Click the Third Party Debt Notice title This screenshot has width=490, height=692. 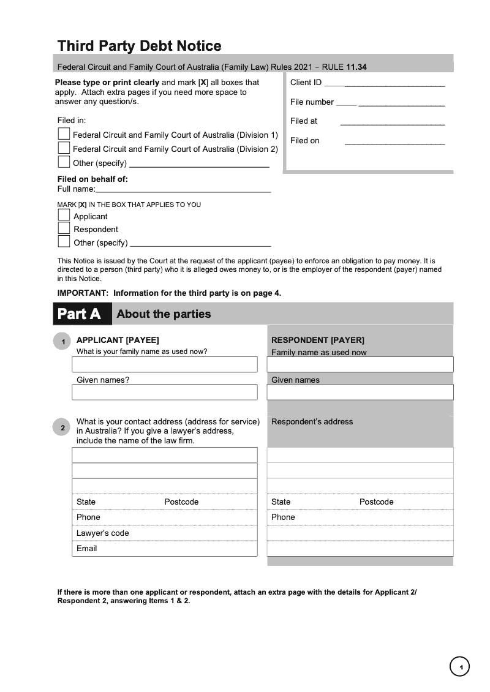[x=139, y=46]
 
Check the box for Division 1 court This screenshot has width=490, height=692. [x=64, y=134]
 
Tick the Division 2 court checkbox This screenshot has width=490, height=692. [x=64, y=148]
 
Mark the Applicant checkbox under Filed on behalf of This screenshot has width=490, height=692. [x=64, y=215]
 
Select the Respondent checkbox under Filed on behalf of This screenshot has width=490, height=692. [x=64, y=228]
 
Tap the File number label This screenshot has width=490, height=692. [x=312, y=102]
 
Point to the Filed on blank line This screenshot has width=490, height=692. [x=394, y=144]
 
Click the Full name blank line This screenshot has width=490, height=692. [x=183, y=192]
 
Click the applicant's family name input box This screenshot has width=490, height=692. [x=164, y=364]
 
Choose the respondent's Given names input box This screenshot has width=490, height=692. [x=360, y=393]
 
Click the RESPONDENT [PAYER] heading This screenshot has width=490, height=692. [x=317, y=340]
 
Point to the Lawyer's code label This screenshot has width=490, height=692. [x=102, y=533]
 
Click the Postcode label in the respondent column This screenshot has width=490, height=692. [x=376, y=502]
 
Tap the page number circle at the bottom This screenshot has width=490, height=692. [x=459, y=666]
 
